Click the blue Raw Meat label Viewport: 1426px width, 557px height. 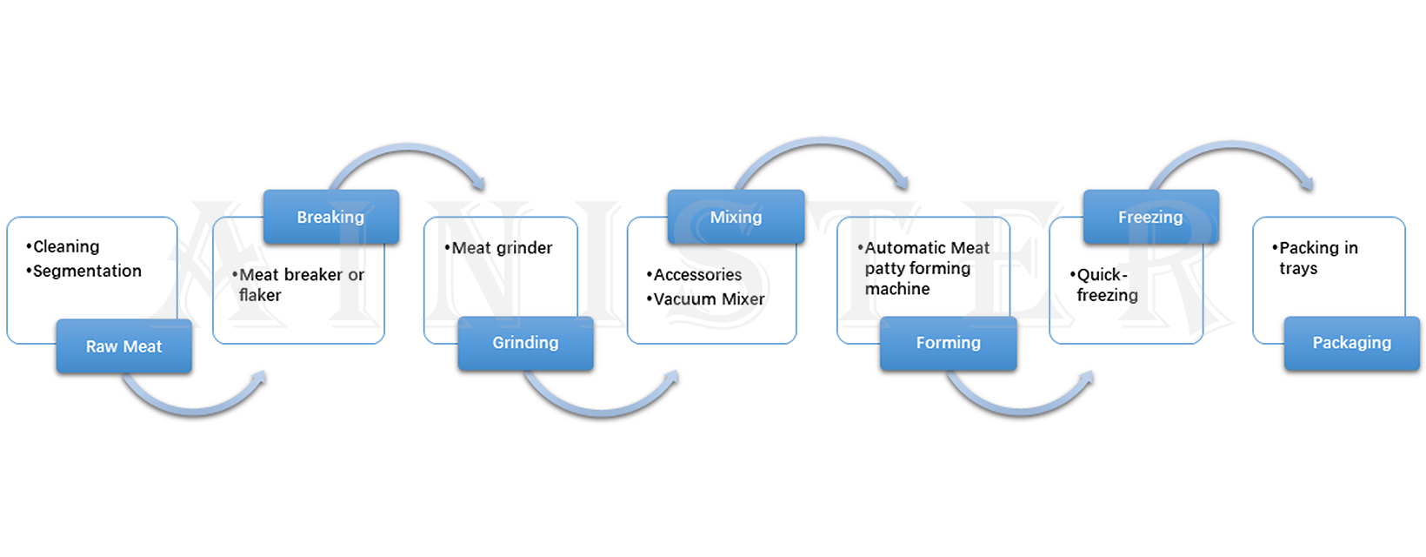click(x=123, y=346)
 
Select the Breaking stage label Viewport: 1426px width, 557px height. click(x=330, y=217)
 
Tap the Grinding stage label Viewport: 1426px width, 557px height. click(x=525, y=343)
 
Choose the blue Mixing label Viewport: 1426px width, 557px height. click(x=736, y=217)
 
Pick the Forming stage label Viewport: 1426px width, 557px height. click(x=948, y=343)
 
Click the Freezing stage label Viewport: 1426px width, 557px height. click(x=1150, y=217)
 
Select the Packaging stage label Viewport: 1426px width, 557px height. click(x=1351, y=343)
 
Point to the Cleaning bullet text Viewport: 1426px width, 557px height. click(x=66, y=247)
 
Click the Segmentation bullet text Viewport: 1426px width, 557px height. click(x=87, y=272)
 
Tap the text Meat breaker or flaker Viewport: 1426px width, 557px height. click(x=300, y=285)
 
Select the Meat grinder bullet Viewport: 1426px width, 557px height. click(x=501, y=248)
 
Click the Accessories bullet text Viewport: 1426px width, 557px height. click(x=697, y=275)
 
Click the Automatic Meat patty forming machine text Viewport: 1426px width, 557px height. click(x=925, y=268)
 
